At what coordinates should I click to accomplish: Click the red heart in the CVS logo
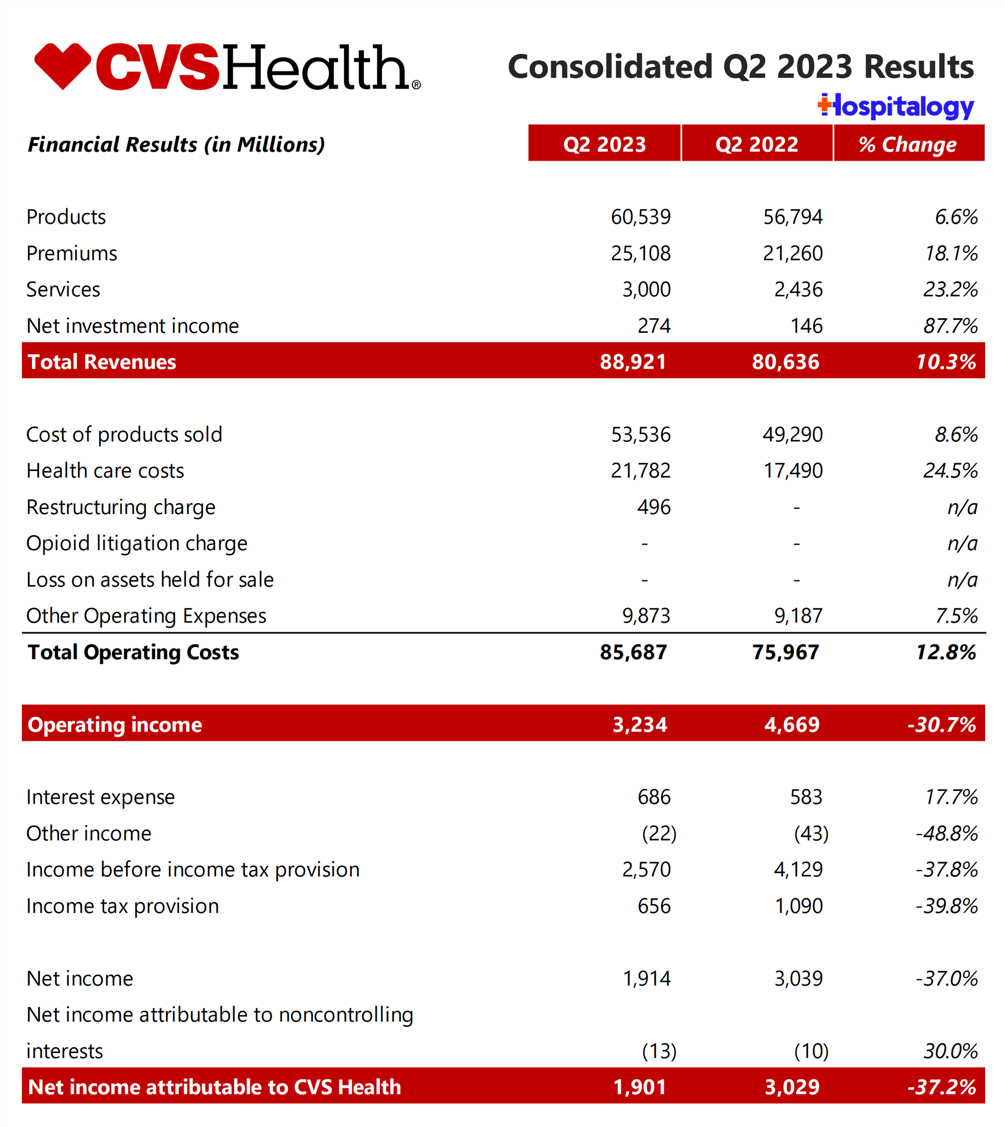point(62,65)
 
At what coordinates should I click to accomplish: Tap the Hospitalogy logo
point(896,107)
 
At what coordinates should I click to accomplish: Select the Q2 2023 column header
point(604,144)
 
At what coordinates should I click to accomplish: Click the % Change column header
point(908,144)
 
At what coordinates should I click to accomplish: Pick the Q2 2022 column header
point(756,144)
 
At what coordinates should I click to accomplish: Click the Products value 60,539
point(641,217)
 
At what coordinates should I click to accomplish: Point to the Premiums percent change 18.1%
point(951,253)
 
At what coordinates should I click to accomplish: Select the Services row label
point(63,289)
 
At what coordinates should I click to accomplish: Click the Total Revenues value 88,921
point(633,362)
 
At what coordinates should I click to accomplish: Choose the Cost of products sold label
point(124,434)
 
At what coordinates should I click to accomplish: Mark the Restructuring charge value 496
point(654,507)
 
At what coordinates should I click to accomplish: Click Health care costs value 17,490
point(793,471)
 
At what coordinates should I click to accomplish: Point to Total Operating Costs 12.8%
point(946,652)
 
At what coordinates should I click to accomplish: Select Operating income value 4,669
point(792,724)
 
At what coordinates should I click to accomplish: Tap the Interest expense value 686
point(654,797)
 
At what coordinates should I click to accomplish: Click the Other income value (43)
point(811,833)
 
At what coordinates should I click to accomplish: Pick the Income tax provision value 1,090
point(798,906)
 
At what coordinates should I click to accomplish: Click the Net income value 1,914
point(646,978)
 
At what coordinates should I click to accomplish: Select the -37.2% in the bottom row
point(942,1087)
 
